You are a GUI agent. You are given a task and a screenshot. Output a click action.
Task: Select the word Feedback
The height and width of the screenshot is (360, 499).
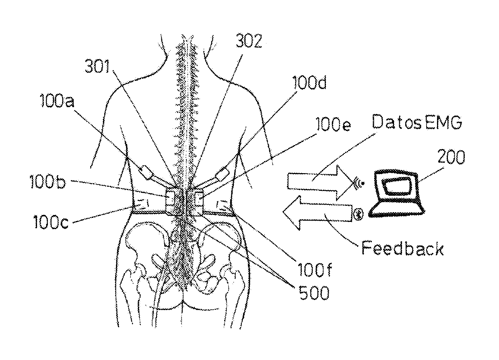(402, 248)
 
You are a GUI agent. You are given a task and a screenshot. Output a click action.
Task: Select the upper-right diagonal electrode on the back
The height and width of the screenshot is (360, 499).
(222, 175)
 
